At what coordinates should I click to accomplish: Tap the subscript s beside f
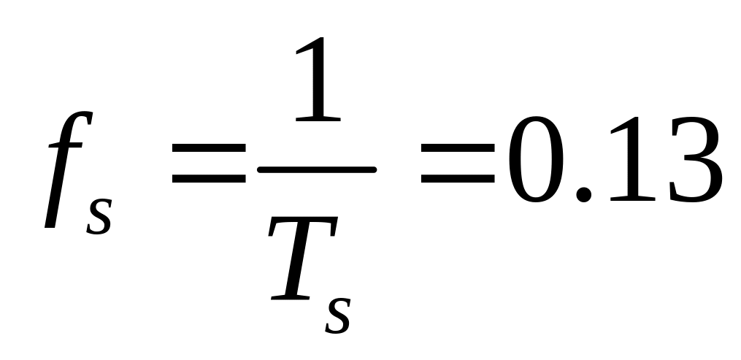click(99, 213)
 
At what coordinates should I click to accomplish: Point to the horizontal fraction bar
click(316, 170)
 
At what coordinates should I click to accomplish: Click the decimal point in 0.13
click(583, 193)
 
